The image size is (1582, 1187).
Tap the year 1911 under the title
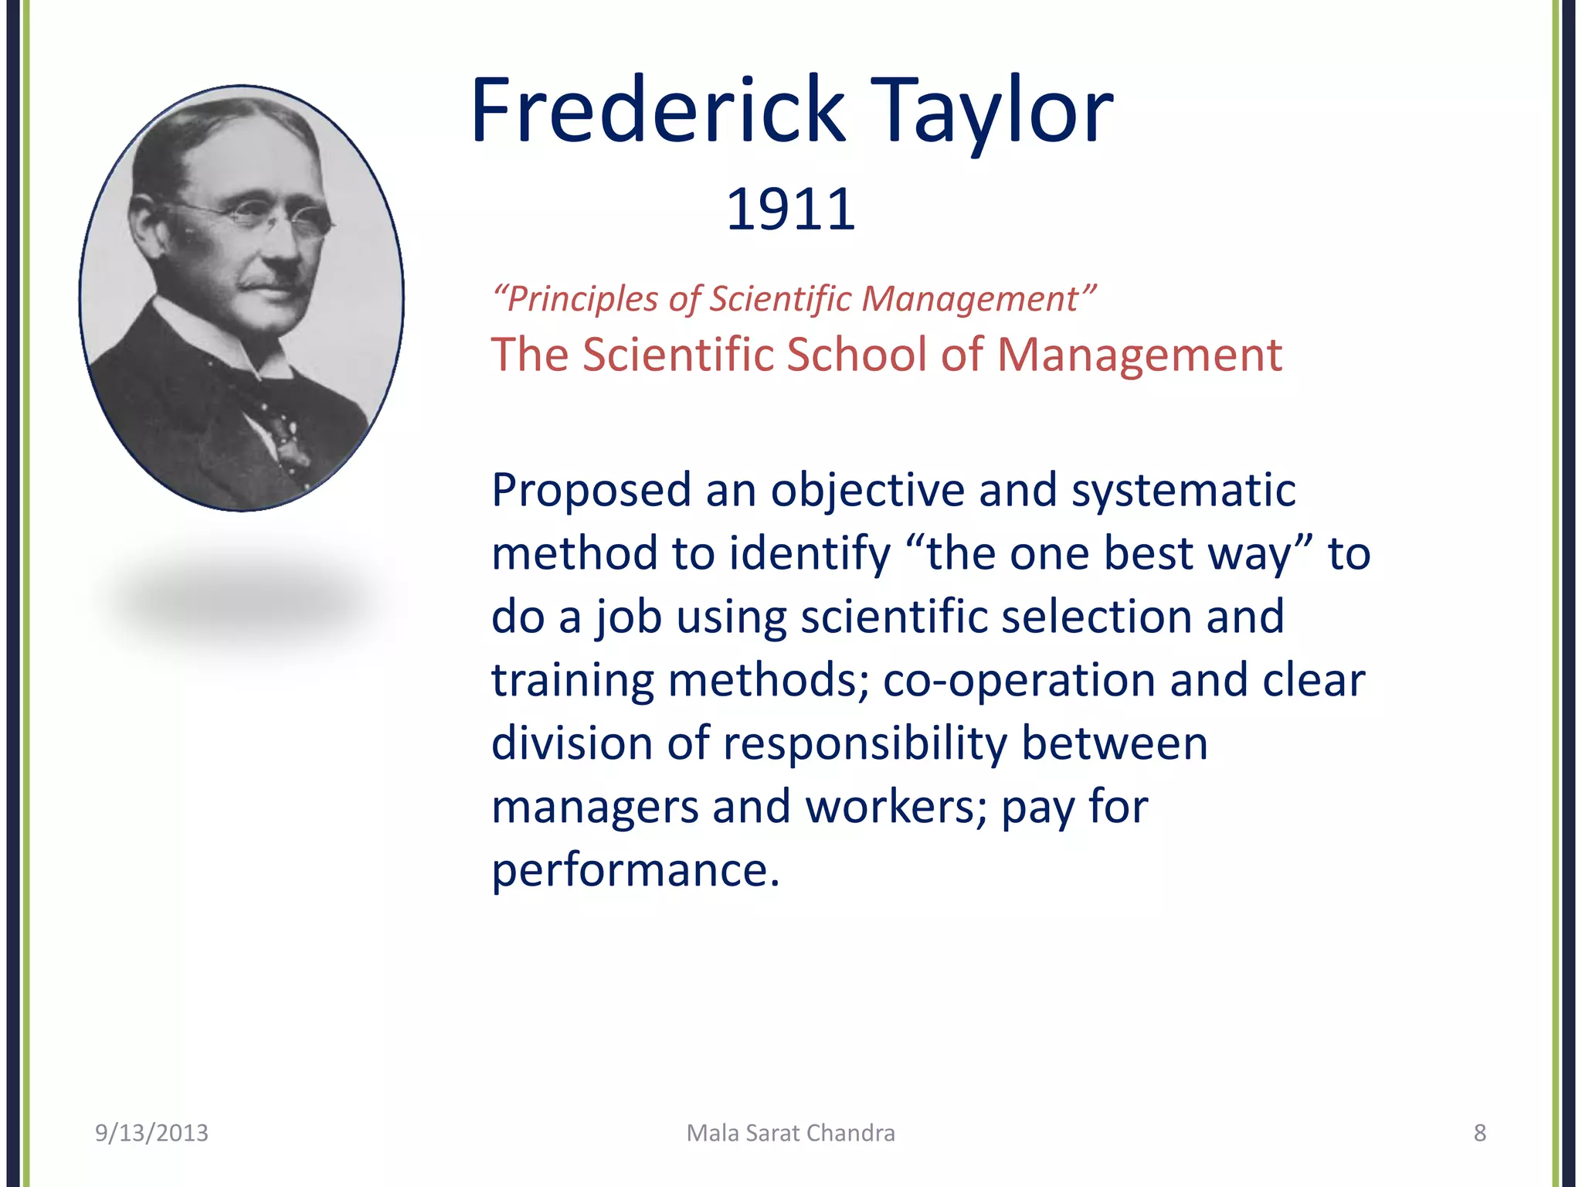coord(791,209)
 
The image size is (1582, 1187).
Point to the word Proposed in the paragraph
coord(591,491)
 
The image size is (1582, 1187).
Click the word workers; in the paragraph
coord(896,808)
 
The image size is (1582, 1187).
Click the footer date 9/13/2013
coord(151,1133)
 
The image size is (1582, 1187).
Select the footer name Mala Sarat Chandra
coord(791,1133)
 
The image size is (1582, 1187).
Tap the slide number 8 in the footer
coord(1479,1133)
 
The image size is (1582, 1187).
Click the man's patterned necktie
coord(282,433)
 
